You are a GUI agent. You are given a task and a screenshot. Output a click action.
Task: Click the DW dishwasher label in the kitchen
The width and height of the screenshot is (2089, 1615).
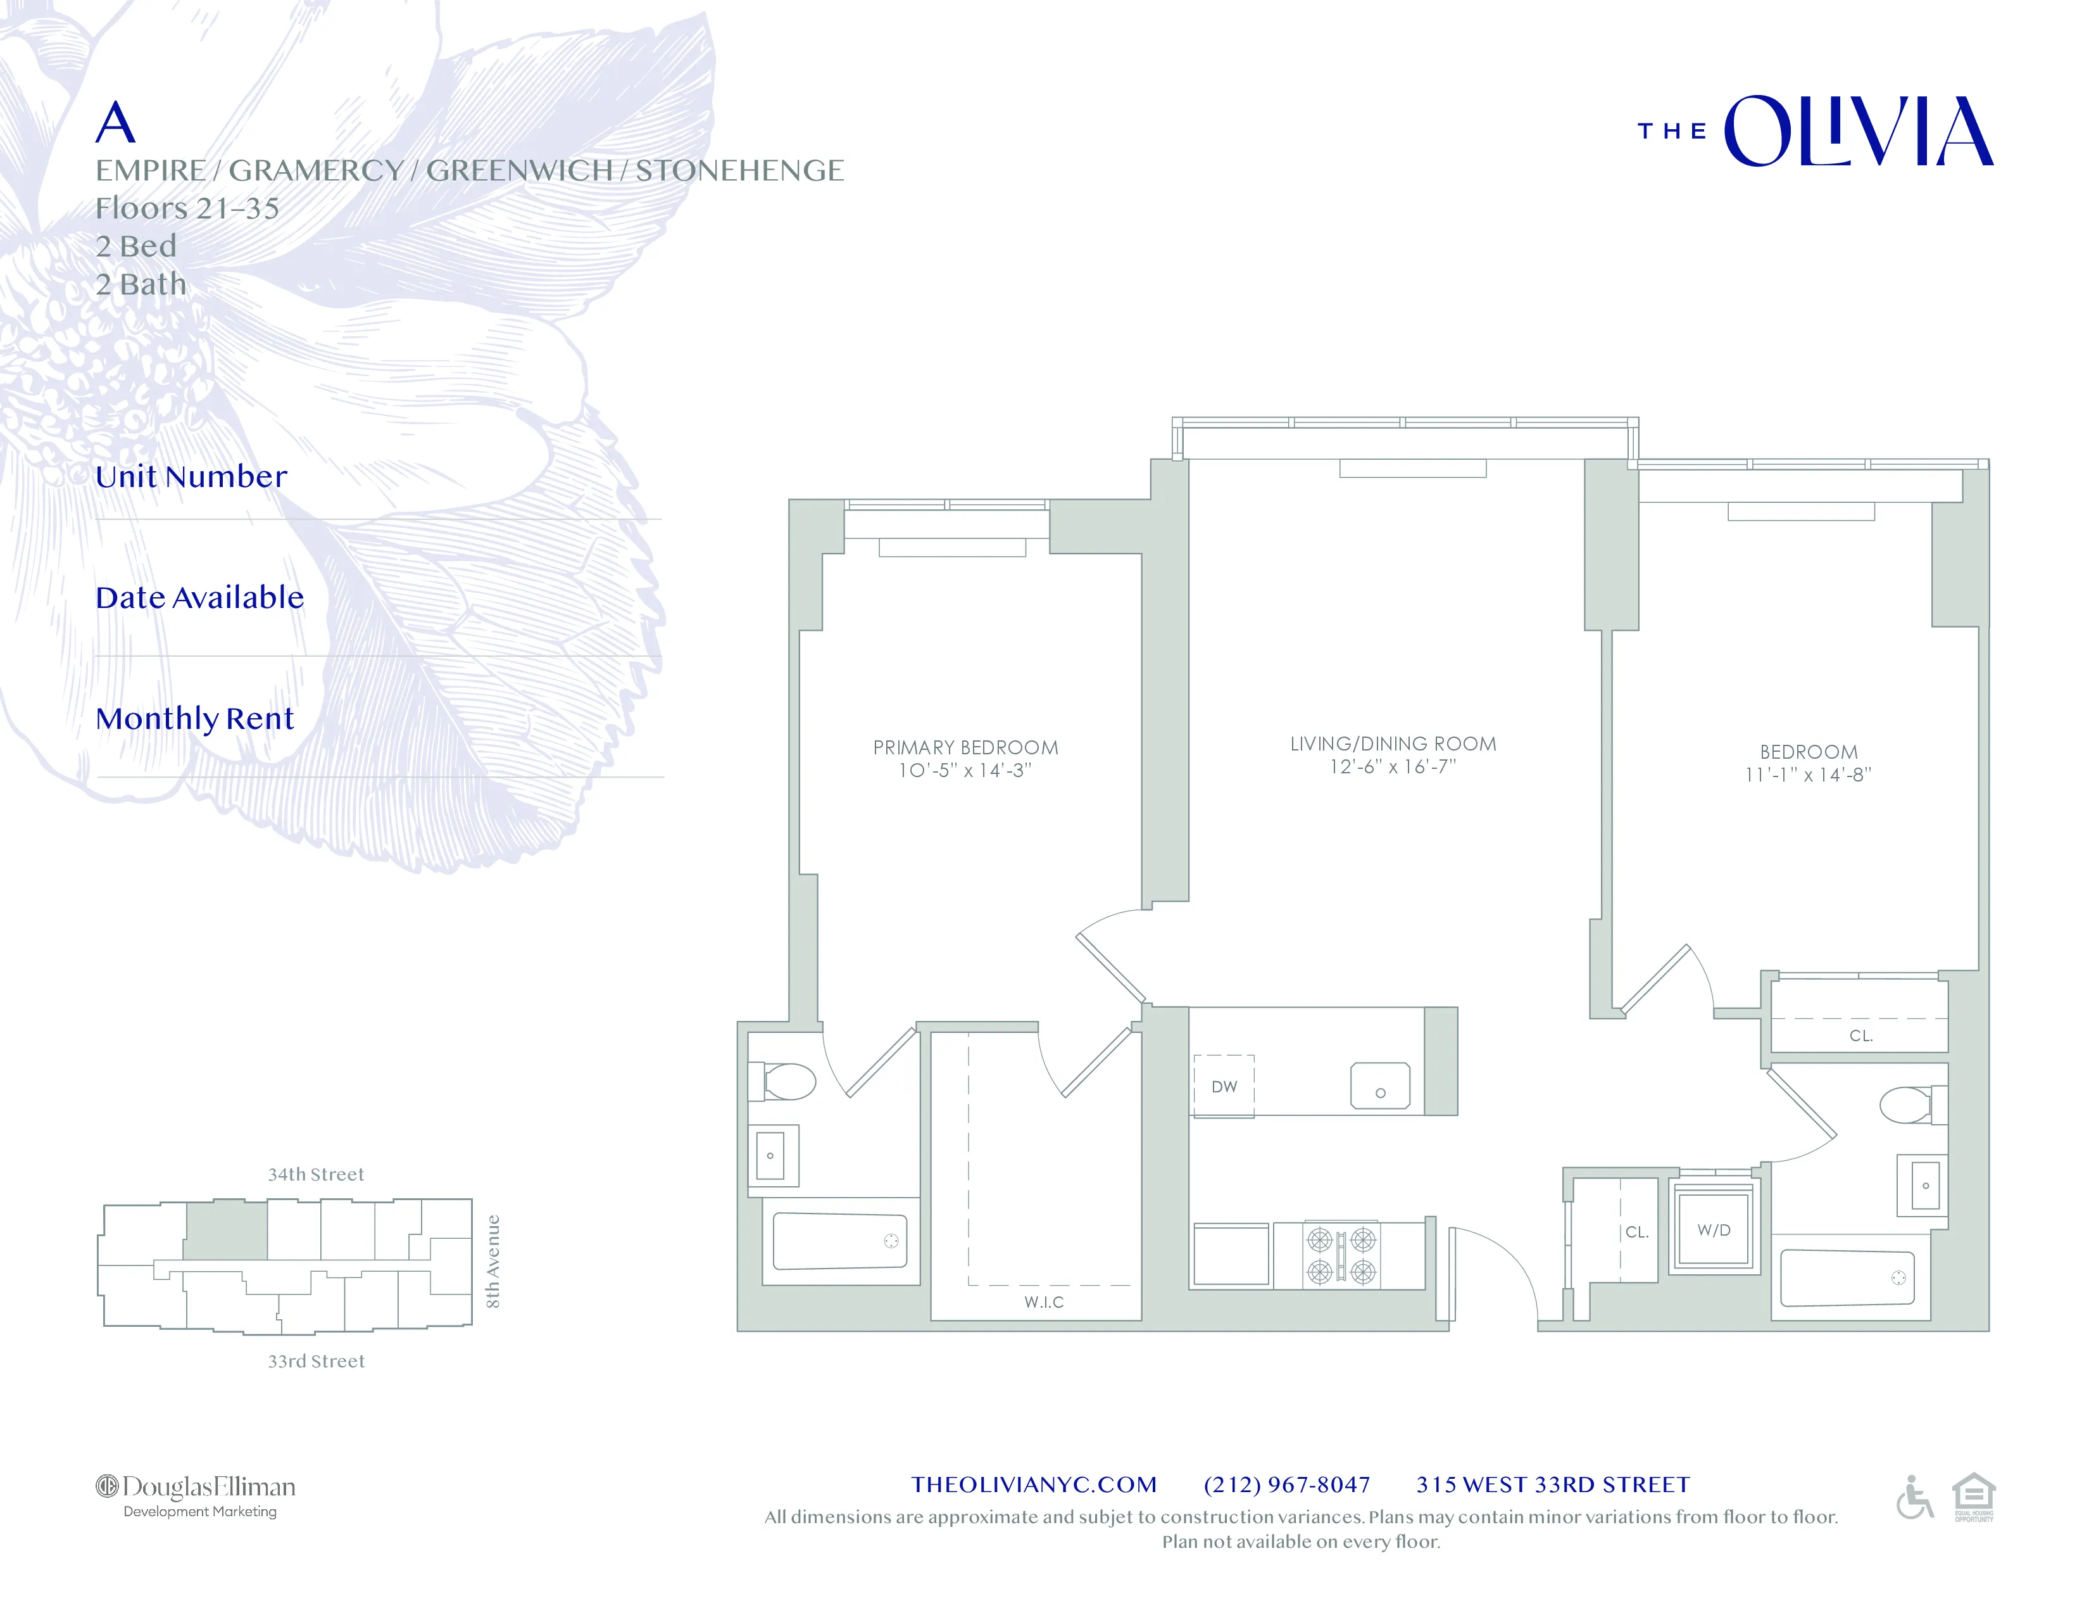point(1224,1086)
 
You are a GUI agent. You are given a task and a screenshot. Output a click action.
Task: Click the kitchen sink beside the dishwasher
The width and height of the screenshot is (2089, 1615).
point(1379,1086)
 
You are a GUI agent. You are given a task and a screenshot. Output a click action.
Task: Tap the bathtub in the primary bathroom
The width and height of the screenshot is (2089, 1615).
point(840,1241)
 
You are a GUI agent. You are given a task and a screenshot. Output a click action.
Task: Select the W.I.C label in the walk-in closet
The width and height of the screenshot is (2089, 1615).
point(1043,1302)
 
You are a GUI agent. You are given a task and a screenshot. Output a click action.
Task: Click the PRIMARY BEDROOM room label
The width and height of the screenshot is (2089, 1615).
point(965,747)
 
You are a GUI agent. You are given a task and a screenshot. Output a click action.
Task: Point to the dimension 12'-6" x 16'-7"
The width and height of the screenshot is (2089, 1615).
point(1393,766)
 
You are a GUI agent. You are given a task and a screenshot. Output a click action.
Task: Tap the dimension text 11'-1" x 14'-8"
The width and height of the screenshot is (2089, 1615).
point(1808,775)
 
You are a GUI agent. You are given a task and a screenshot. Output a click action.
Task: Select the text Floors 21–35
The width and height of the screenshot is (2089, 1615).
point(187,208)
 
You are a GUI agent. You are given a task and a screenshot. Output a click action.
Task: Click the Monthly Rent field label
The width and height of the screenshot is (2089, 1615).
point(195,719)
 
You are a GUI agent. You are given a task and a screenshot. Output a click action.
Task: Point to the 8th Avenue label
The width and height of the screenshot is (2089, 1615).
point(492,1261)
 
